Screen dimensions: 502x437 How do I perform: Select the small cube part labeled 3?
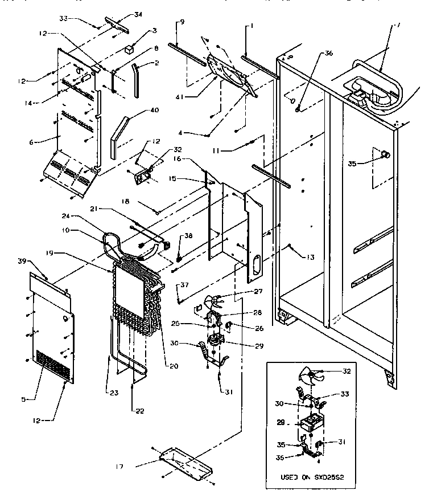coord(129,48)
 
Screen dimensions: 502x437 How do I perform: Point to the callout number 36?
coord(329,54)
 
